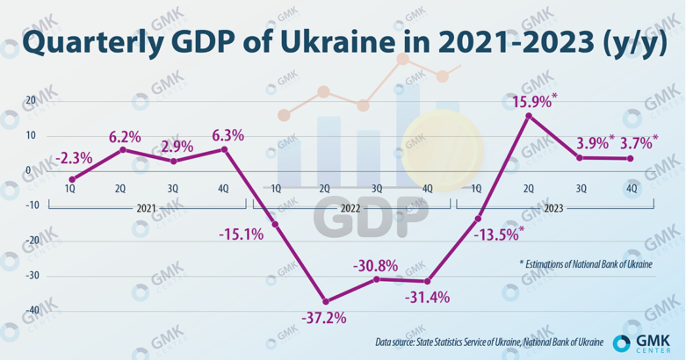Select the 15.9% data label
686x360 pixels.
click(532, 102)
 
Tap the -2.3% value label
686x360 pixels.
click(75, 159)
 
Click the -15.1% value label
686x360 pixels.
click(240, 234)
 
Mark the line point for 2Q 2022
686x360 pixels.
click(326, 301)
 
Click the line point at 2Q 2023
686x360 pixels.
click(529, 115)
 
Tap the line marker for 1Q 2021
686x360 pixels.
click(72, 179)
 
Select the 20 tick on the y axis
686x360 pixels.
click(31, 100)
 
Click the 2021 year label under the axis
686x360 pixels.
click(148, 209)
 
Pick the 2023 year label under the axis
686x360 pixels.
click(553, 209)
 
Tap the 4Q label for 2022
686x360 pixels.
click(428, 189)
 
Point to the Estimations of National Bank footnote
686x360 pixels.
click(585, 263)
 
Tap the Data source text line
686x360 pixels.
click(488, 342)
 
